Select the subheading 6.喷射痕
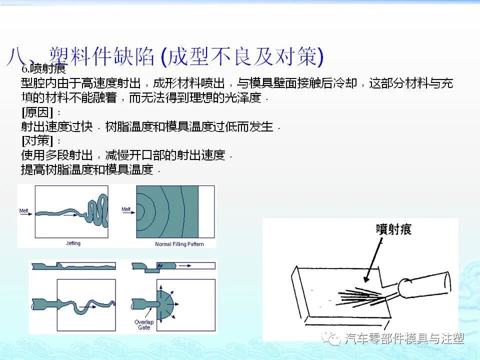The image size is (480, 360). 44,69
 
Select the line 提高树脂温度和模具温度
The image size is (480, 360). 87,169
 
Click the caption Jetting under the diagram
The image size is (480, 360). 73,243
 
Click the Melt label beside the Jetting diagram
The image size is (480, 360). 23,210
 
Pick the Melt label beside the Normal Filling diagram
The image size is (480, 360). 126,209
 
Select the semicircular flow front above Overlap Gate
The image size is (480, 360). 167,302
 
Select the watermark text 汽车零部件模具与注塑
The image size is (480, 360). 404,339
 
